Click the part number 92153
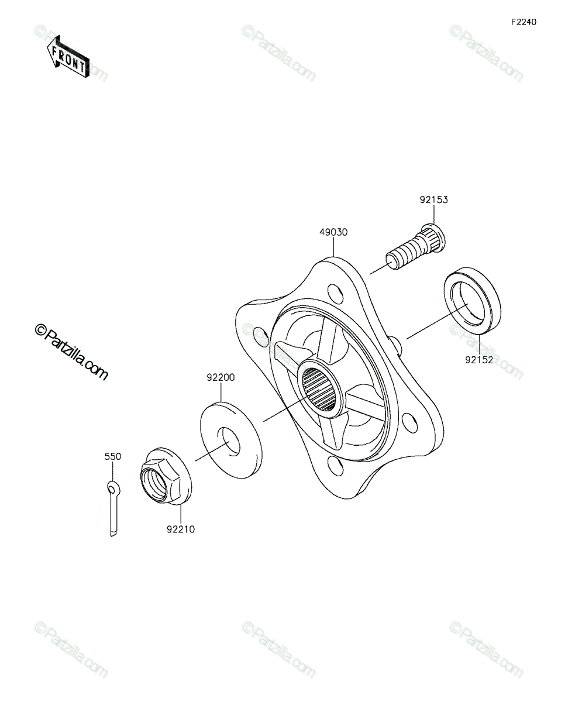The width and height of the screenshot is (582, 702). click(433, 199)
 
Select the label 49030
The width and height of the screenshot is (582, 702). click(333, 232)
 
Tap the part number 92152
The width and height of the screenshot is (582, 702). click(479, 360)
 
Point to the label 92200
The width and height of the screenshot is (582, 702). click(221, 377)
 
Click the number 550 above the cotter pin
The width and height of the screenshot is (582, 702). click(113, 456)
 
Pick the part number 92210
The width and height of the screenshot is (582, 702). click(181, 529)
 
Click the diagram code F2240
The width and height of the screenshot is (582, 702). click(524, 22)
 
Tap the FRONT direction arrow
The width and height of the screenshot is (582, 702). click(68, 57)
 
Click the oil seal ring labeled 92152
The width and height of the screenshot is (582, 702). click(472, 296)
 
